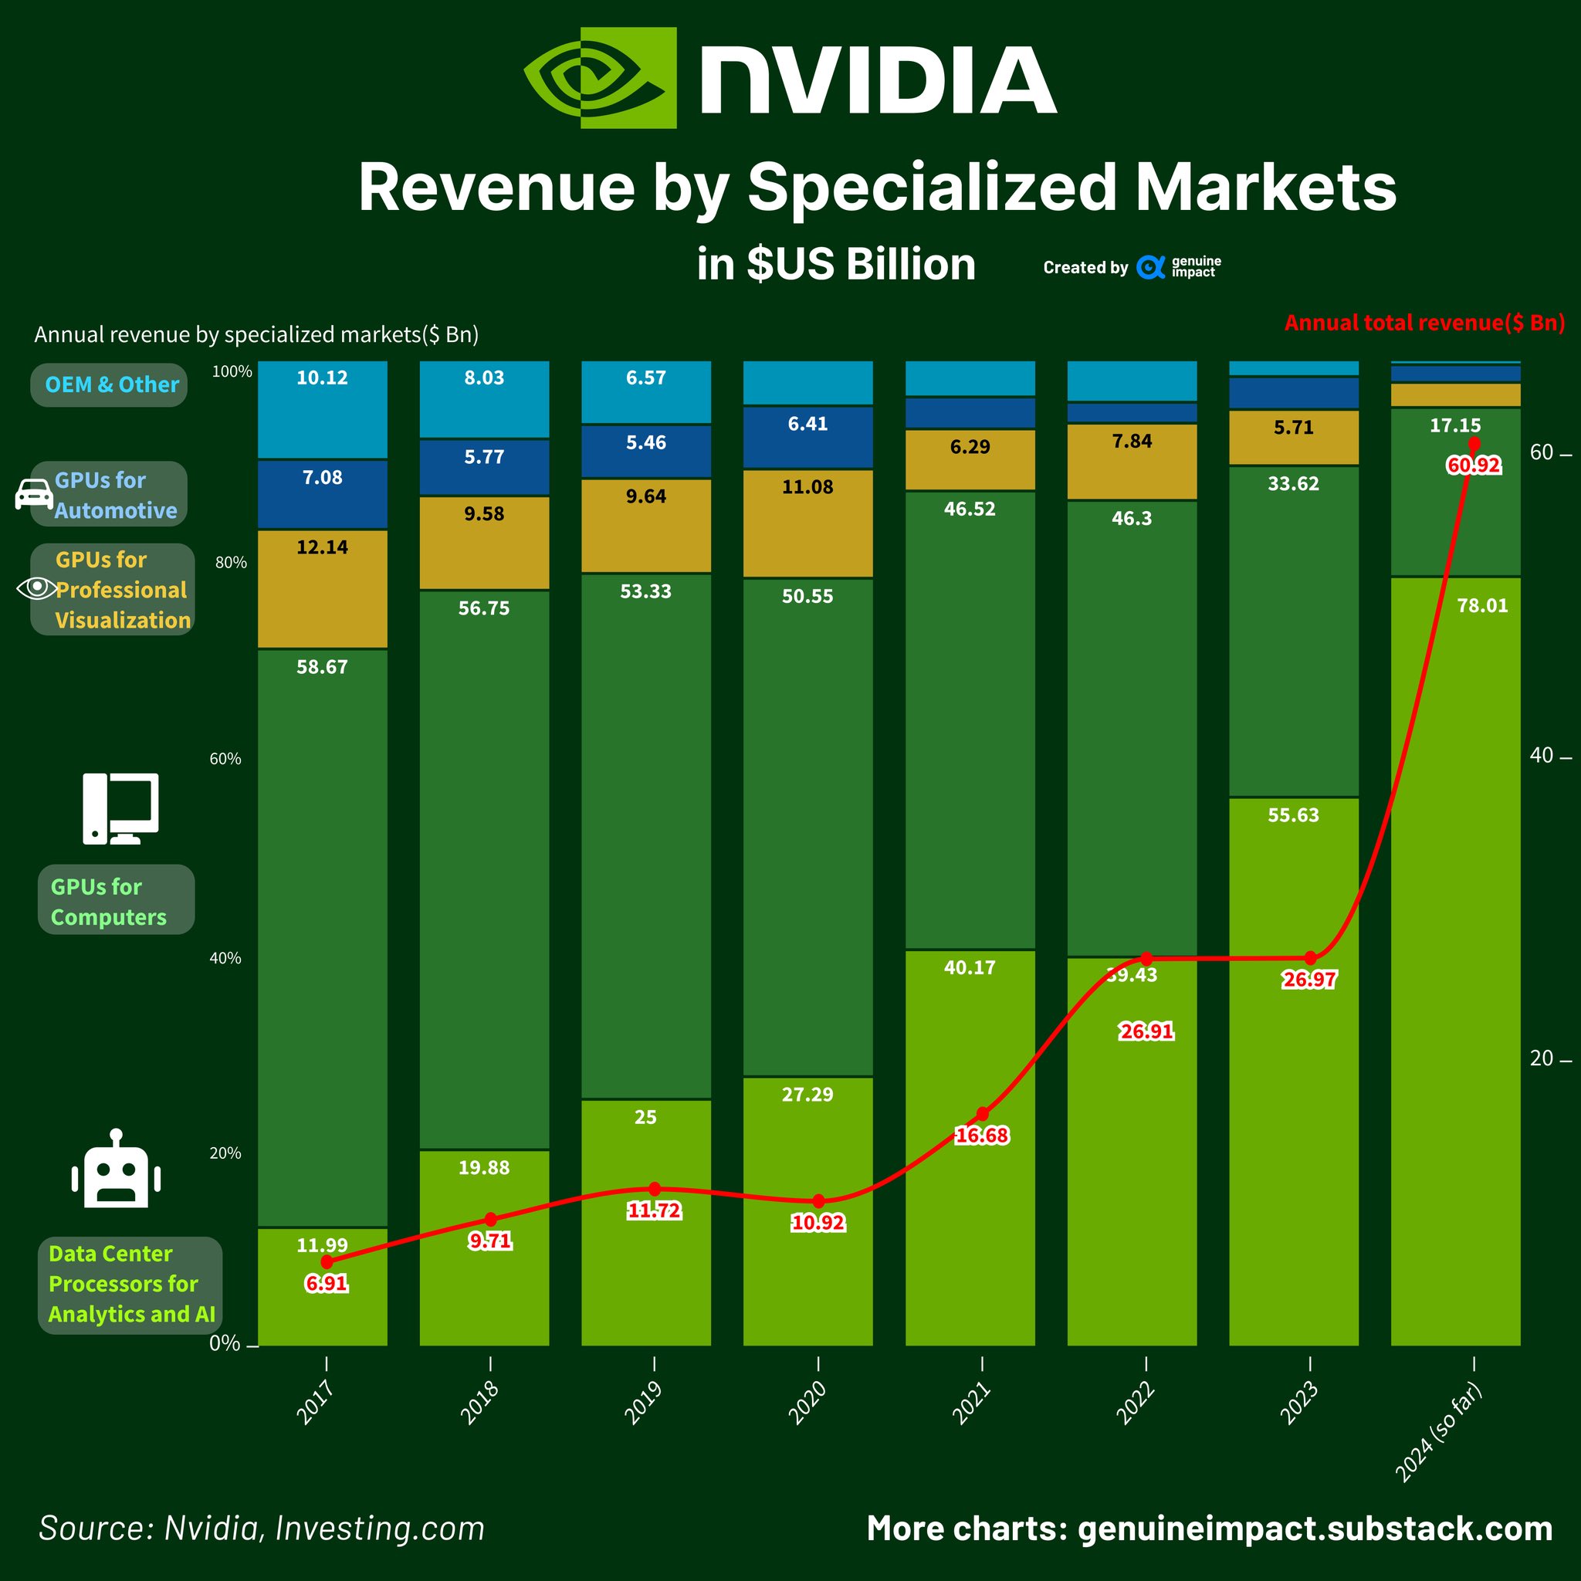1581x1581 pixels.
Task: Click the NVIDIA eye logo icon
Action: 600,78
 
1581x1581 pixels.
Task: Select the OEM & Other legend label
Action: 111,384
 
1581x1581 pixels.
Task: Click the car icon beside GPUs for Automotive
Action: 33,494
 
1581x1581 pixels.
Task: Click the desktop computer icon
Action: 120,808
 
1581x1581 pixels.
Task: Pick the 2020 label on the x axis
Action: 807,1403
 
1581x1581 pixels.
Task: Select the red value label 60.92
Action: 1474,465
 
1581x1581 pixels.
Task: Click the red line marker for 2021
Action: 982,1115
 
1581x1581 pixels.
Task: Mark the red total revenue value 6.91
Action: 327,1283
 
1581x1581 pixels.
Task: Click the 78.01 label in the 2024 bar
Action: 1482,605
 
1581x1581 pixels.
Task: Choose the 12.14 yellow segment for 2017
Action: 323,589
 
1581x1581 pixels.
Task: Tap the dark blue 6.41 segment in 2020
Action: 807,438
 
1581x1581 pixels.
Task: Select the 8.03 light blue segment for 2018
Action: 485,399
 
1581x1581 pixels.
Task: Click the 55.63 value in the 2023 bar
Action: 1293,815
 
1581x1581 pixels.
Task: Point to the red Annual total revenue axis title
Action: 1424,323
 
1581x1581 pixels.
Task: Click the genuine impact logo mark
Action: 1150,268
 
